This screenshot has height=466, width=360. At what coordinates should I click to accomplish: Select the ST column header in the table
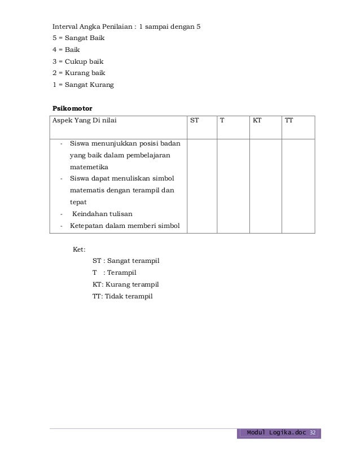(194, 120)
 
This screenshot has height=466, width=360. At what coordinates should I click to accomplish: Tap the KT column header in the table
(257, 120)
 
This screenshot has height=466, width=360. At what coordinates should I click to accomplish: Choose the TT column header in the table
(289, 120)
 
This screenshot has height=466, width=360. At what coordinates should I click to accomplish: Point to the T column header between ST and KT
(222, 120)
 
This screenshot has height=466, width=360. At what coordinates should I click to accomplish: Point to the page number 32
(314, 433)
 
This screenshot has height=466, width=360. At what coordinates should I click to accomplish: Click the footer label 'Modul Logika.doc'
(277, 433)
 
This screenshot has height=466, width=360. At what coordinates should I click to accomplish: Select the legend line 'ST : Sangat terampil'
(126, 261)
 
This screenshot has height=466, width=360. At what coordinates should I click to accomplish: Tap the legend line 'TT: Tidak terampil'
(122, 296)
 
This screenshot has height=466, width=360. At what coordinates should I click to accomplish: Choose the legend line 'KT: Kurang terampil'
(125, 284)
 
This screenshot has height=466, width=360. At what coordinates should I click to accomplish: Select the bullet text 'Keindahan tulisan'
(102, 213)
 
